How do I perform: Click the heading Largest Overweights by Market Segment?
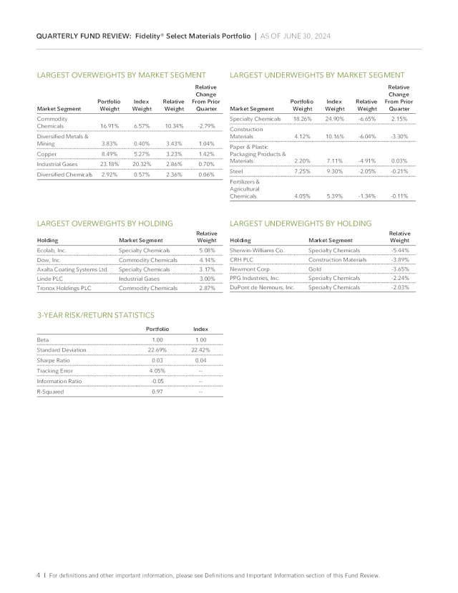point(121,75)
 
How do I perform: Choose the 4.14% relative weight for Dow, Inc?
point(206,261)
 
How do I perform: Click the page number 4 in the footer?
point(38,575)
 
